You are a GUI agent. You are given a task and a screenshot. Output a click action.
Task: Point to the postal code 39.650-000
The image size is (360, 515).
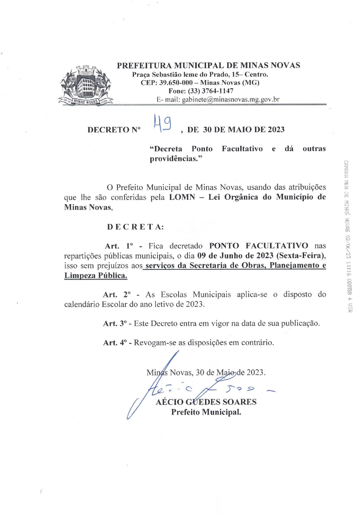(176, 82)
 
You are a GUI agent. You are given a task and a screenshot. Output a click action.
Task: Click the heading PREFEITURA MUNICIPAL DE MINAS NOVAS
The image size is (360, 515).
(208, 65)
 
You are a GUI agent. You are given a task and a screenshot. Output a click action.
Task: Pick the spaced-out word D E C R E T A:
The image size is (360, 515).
(135, 227)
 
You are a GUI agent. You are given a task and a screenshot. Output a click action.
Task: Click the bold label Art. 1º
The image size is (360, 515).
(119, 246)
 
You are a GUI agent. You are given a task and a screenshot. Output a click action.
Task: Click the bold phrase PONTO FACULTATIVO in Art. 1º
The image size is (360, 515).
(259, 246)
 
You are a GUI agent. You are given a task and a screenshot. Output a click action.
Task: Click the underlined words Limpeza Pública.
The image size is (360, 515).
(96, 275)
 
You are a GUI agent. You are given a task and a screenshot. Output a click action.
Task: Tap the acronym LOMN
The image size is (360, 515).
(182, 197)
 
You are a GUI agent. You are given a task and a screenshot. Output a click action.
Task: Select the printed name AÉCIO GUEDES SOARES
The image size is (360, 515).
(206, 402)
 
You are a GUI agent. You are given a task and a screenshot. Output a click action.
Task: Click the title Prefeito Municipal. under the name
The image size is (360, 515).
(206, 412)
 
